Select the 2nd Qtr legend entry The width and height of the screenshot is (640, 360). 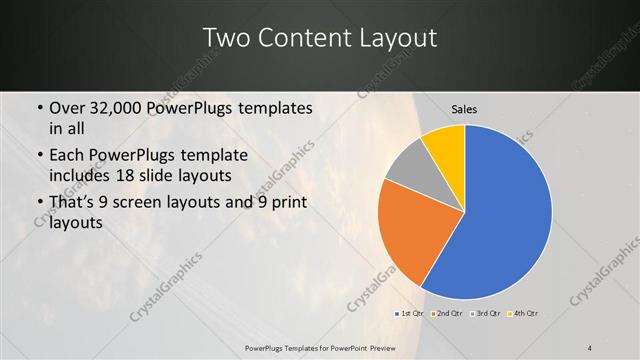[448, 314]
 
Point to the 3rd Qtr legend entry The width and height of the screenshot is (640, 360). [486, 314]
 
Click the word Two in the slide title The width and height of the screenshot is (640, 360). [227, 39]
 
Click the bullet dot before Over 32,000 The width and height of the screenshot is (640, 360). [39, 108]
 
